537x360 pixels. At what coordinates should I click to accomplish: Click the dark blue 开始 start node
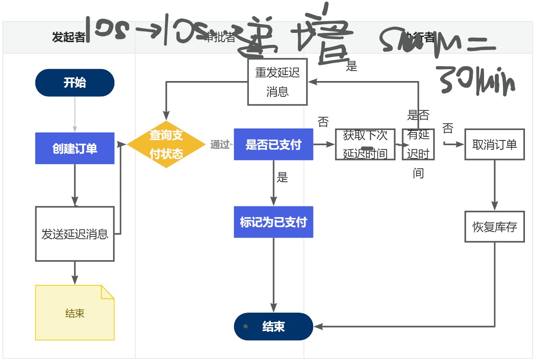click(x=75, y=83)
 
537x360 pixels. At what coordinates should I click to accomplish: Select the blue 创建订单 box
click(x=75, y=148)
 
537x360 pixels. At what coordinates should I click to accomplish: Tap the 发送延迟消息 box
click(x=75, y=234)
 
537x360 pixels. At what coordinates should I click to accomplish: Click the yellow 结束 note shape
click(x=75, y=313)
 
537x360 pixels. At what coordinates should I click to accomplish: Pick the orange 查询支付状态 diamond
click(x=166, y=144)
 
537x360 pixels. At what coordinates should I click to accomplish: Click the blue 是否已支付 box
click(x=273, y=144)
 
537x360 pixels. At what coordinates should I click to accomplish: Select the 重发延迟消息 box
click(x=277, y=82)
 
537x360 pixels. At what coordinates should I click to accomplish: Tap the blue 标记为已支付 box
click(x=273, y=222)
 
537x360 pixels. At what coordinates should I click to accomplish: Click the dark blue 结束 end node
click(x=273, y=326)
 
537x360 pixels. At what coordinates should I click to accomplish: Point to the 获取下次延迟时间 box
click(x=365, y=144)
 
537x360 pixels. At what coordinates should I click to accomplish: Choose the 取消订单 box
click(x=494, y=144)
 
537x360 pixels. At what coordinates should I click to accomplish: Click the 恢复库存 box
click(x=494, y=227)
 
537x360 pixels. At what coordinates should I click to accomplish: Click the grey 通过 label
click(x=220, y=144)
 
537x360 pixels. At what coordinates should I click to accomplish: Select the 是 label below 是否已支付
click(x=283, y=177)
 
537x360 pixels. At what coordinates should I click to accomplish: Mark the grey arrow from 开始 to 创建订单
click(x=75, y=114)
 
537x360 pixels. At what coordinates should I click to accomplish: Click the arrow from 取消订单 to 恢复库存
click(x=494, y=185)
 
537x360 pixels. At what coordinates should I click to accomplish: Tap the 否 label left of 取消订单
click(x=448, y=128)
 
